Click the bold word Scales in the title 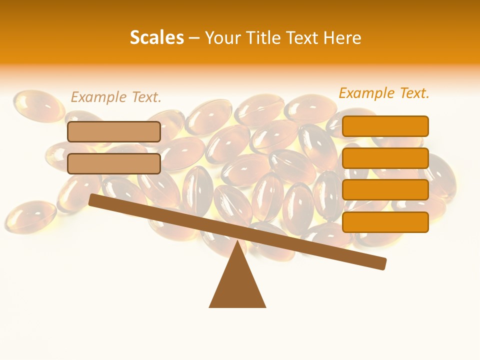point(156,37)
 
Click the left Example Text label point(116,97)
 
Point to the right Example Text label point(384,93)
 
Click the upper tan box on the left point(114,131)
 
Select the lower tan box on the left point(114,163)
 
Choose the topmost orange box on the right point(385,126)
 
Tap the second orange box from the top point(385,158)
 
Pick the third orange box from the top point(385,190)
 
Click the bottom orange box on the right point(385,222)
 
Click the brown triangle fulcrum point(237,285)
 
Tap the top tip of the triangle point(237,243)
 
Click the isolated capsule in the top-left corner point(37,105)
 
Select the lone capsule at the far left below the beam point(30,216)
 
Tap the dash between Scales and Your point(194,37)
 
